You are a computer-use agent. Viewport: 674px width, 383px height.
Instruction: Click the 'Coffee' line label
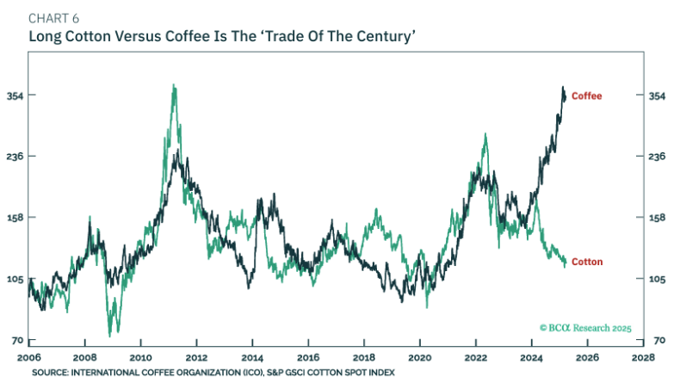tap(586, 96)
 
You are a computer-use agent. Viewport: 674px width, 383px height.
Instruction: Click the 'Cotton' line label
tap(586, 262)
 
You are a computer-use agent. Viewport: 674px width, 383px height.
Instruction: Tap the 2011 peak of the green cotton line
tap(174, 86)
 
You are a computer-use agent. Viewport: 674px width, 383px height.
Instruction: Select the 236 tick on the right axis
tap(656, 157)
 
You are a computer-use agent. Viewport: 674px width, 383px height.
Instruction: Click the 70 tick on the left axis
tap(16, 341)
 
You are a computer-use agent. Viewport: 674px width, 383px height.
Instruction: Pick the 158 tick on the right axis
tap(656, 218)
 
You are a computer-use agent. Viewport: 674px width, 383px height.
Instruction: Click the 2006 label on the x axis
tap(28, 356)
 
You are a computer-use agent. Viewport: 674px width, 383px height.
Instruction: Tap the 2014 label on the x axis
tap(252, 356)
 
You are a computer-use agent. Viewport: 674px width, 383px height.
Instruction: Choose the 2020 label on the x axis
tap(420, 356)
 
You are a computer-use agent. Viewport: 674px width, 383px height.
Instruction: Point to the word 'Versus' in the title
tap(124, 37)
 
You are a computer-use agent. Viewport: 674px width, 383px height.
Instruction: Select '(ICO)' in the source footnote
tap(225, 373)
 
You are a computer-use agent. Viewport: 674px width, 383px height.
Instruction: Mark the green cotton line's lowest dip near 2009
tap(110, 334)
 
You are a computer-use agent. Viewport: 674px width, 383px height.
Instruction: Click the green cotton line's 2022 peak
tap(485, 134)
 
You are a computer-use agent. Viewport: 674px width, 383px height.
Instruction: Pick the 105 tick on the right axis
tap(656, 279)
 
